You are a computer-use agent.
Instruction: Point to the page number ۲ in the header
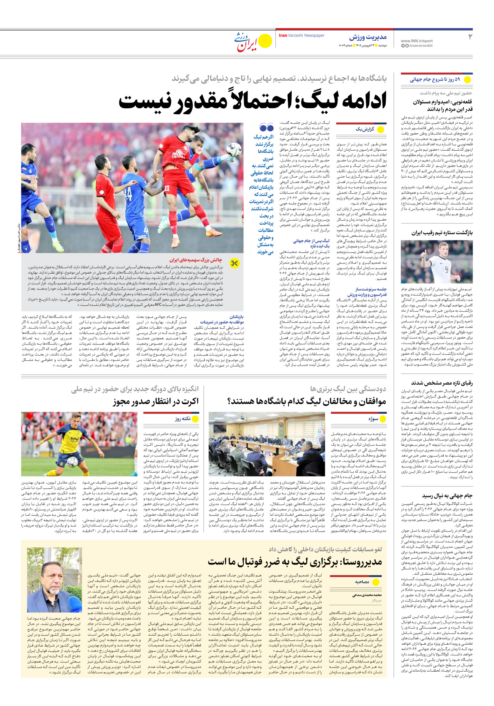click(x=470, y=37)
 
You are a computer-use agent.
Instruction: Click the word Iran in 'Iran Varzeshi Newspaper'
click(x=283, y=36)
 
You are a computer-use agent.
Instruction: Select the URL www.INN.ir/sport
click(x=417, y=41)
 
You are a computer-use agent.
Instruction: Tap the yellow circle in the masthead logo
click(x=265, y=41)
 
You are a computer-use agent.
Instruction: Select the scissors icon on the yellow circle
click(x=235, y=263)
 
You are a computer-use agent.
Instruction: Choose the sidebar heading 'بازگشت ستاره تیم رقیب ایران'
click(x=442, y=233)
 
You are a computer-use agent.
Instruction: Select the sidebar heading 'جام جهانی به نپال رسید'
click(x=447, y=495)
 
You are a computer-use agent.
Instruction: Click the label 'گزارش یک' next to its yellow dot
click(x=365, y=129)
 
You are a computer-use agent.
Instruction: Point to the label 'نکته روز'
click(x=183, y=418)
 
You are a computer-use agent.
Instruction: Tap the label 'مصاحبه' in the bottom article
click(x=362, y=582)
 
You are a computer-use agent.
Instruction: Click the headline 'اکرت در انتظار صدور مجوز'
click(x=156, y=401)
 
